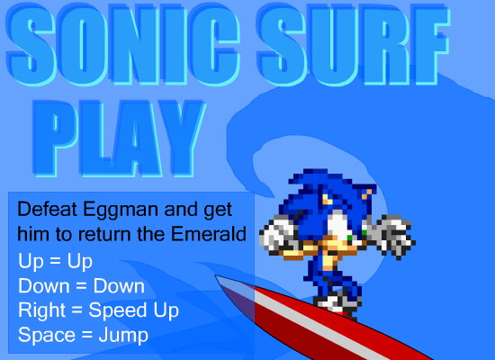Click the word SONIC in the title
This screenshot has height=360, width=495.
[123, 45]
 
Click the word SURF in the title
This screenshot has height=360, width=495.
[354, 45]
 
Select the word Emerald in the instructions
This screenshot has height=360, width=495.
[209, 234]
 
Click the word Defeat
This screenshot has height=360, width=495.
[48, 209]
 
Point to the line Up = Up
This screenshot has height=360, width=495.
[55, 262]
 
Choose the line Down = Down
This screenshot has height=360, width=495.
[81, 286]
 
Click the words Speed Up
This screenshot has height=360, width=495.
[134, 310]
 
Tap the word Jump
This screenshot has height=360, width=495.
[123, 336]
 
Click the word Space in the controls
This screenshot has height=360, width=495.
[47, 336]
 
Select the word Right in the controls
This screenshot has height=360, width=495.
[41, 310]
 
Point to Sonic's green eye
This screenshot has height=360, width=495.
[350, 238]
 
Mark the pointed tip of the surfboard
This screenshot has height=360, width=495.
[216, 275]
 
